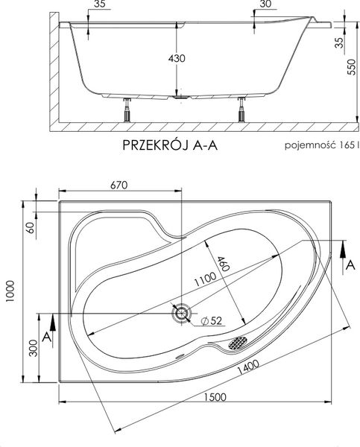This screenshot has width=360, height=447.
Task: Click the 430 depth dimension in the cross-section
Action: coord(177,58)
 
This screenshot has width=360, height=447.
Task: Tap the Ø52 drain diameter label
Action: coord(214,322)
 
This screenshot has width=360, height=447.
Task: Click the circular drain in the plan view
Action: coord(182,314)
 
